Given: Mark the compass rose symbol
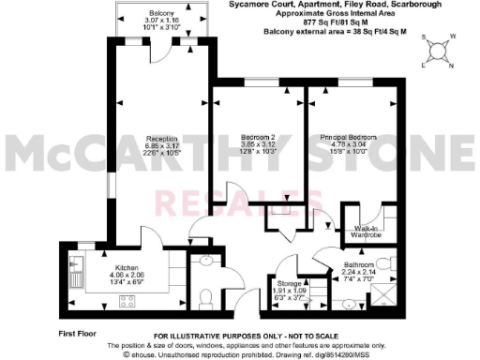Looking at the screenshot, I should point(440,52).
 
